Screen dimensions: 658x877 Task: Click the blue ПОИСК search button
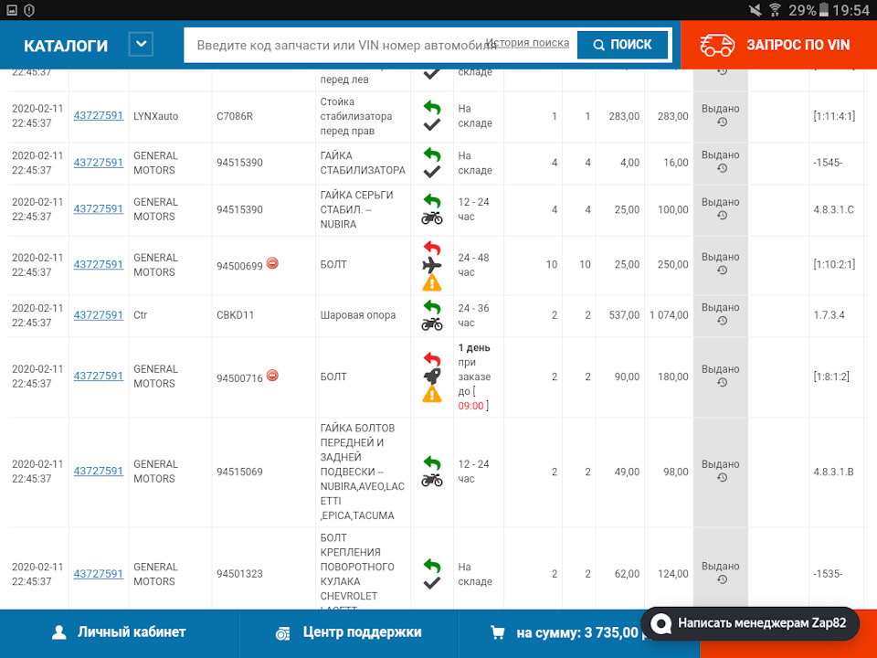[623, 44]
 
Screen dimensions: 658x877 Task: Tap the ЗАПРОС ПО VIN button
[777, 45]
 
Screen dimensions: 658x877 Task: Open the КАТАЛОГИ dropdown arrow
[141, 44]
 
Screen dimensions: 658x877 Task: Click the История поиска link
[527, 43]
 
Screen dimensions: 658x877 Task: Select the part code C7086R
[235, 116]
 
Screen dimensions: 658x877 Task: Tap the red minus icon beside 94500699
[272, 264]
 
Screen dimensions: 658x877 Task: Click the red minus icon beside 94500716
[272, 376]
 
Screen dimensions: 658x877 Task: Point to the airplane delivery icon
[432, 265]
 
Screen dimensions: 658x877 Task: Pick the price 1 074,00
[668, 315]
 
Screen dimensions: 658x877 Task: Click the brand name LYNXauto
[155, 116]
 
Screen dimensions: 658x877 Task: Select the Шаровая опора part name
[358, 315]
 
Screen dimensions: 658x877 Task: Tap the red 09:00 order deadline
[471, 405]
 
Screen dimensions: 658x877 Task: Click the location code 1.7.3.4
[829, 315]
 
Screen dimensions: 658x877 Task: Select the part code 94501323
[239, 574]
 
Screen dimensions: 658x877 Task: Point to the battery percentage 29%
[802, 10]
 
